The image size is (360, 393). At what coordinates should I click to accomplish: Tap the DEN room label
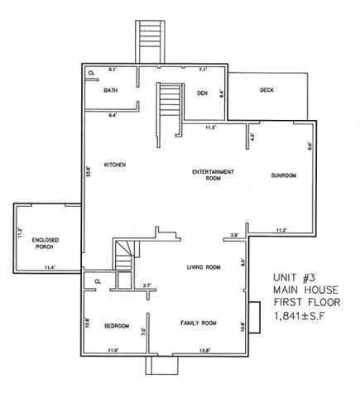201,93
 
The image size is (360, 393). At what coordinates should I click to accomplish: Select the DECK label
266,89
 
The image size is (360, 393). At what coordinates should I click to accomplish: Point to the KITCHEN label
114,165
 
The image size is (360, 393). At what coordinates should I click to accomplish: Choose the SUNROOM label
283,176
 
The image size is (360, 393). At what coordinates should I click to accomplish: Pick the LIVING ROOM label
203,267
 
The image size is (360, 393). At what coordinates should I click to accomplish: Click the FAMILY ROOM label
198,323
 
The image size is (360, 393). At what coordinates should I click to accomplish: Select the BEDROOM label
117,326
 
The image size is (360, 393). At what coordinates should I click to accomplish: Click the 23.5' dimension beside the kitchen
89,175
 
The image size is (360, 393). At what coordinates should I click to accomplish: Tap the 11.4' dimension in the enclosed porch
50,267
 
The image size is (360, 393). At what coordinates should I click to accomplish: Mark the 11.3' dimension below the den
210,128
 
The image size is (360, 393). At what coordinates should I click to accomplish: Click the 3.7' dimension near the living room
146,285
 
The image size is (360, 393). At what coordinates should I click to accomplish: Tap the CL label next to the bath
91,74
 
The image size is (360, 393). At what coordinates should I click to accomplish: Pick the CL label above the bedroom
98,281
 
